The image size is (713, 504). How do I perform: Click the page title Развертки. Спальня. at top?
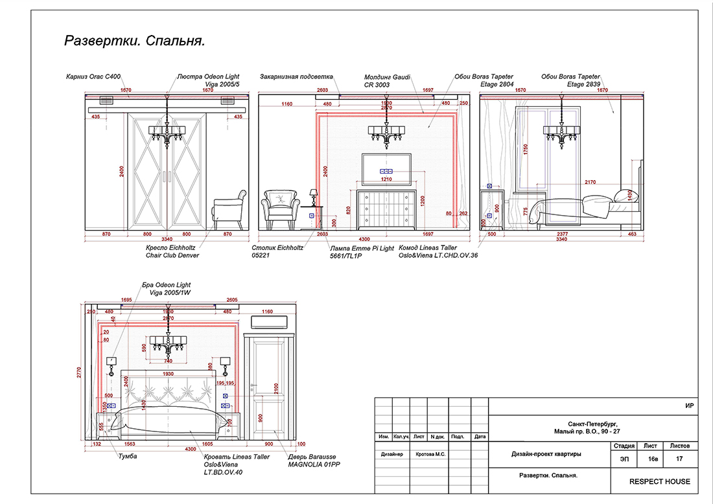pyautogui.click(x=135, y=41)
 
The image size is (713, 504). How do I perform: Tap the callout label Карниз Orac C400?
pyautogui.click(x=94, y=76)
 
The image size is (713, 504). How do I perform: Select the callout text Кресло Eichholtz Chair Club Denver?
pyautogui.click(x=172, y=251)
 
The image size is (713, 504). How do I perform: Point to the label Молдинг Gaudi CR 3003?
pyautogui.click(x=388, y=80)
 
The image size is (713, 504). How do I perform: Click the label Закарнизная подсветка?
pyautogui.click(x=296, y=76)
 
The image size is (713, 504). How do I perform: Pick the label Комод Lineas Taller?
pyautogui.click(x=427, y=247)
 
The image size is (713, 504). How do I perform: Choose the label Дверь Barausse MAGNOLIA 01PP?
pyautogui.click(x=314, y=459)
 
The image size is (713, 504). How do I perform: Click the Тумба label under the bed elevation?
pyautogui.click(x=127, y=456)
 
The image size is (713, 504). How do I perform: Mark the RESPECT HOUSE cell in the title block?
pyautogui.click(x=660, y=481)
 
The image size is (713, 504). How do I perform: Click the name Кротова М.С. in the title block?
pyautogui.click(x=430, y=454)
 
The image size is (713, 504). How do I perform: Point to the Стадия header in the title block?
pyautogui.click(x=623, y=446)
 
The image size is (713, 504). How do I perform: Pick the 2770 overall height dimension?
pyautogui.click(x=80, y=371)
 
